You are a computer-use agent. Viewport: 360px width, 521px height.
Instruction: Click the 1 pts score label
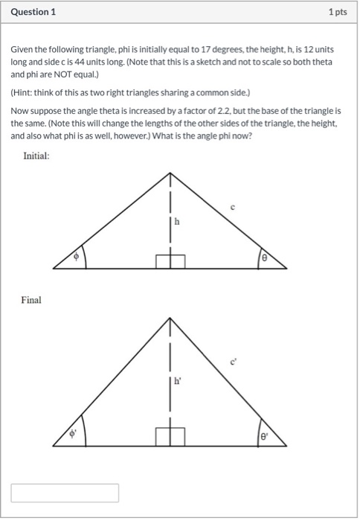(x=338, y=13)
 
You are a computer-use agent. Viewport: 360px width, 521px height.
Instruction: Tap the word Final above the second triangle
(x=31, y=300)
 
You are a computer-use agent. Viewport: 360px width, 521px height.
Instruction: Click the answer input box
(x=65, y=493)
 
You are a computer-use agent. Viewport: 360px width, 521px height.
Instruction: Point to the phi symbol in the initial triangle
(x=74, y=255)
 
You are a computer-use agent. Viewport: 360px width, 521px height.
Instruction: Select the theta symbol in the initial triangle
(x=263, y=256)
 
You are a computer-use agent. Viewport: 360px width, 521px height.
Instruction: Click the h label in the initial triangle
(x=177, y=221)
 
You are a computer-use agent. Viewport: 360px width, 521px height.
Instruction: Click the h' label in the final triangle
(x=177, y=381)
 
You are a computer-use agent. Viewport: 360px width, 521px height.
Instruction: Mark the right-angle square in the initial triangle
(x=170, y=260)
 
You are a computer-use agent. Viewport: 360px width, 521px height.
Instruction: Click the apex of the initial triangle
(x=170, y=173)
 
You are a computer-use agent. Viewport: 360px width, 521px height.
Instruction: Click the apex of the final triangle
(x=170, y=319)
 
